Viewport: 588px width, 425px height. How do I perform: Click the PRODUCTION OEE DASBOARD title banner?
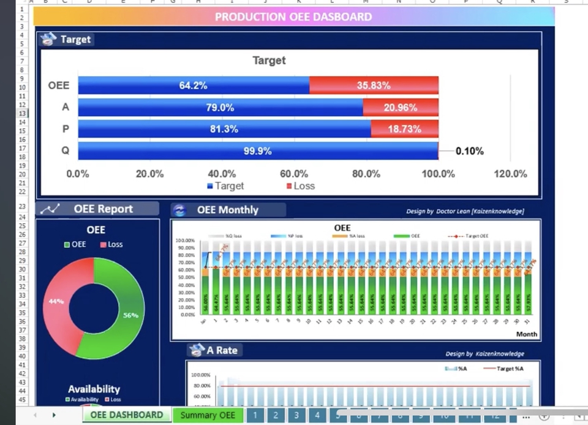pyautogui.click(x=293, y=17)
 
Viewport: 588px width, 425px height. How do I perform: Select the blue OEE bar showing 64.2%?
pyautogui.click(x=194, y=85)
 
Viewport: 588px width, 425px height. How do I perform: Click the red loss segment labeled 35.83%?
pyautogui.click(x=374, y=85)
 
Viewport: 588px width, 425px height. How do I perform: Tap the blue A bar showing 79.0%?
pyautogui.click(x=220, y=107)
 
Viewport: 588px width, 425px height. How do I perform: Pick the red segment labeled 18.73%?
pyautogui.click(x=404, y=129)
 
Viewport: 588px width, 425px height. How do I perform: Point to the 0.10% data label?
pyautogui.click(x=469, y=151)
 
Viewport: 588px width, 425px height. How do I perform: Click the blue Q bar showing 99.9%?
pyautogui.click(x=258, y=151)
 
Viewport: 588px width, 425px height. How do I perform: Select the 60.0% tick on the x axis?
pyautogui.click(x=294, y=174)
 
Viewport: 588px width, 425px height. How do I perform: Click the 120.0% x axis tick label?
pyautogui.click(x=510, y=174)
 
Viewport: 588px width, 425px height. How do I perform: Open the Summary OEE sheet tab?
pyautogui.click(x=208, y=415)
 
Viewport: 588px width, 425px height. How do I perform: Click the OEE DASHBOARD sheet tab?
pyautogui.click(x=127, y=415)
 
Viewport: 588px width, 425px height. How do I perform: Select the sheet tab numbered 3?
pyautogui.click(x=296, y=415)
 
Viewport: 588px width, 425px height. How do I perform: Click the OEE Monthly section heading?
pyautogui.click(x=227, y=210)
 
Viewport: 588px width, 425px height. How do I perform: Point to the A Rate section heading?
pyautogui.click(x=221, y=350)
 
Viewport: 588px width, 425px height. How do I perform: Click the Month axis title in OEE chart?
pyautogui.click(x=526, y=334)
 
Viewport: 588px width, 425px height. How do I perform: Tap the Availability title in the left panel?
pyautogui.click(x=94, y=389)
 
